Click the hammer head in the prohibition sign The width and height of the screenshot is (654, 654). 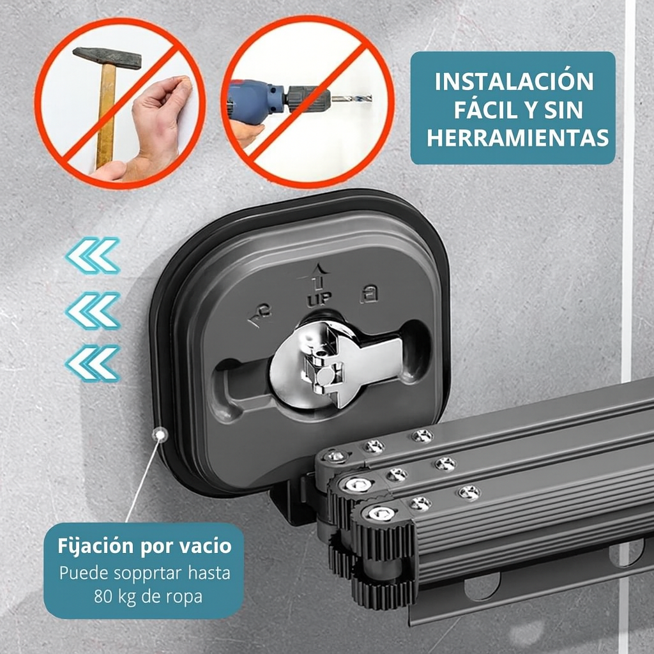pos(107,57)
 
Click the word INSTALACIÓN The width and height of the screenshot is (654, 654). pos(514,81)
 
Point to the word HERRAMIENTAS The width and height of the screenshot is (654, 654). pos(517,138)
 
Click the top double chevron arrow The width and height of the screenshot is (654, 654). pos(93,255)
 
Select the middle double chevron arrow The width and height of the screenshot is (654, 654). pos(93,310)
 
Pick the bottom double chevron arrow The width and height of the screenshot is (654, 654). pos(93,363)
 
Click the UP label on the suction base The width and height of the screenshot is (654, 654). pos(319,299)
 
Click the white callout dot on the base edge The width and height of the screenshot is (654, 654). pos(160,435)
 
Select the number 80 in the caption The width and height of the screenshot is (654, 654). pos(103,597)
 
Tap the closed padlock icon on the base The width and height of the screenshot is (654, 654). pos(369,293)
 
